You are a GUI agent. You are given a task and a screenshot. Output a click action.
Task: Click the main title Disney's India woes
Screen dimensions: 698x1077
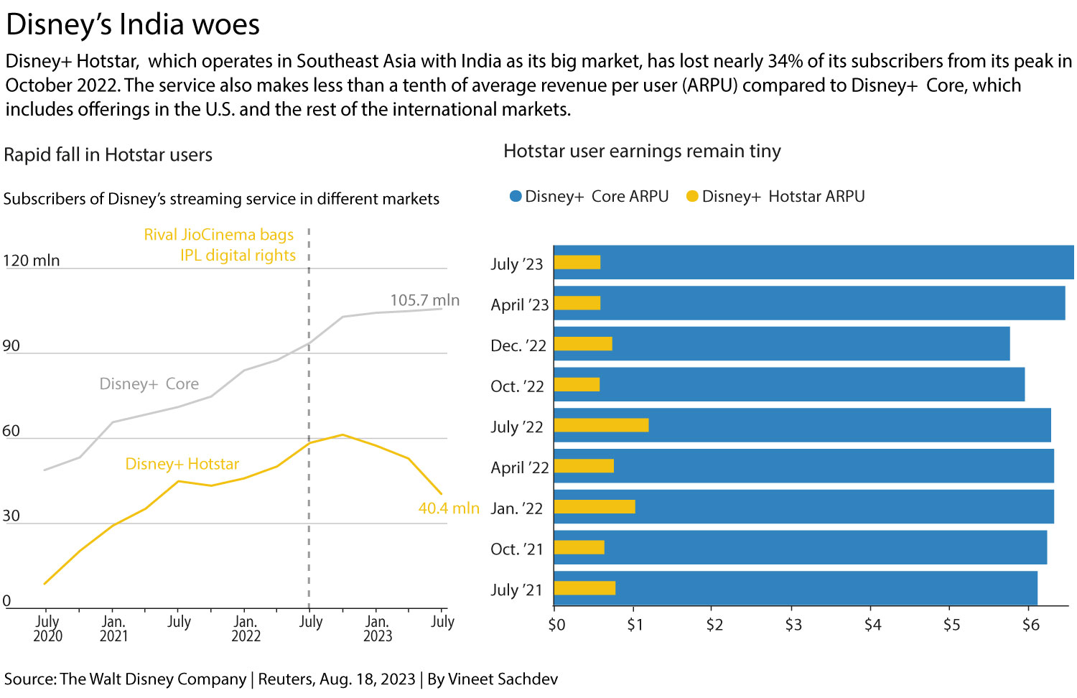pyautogui.click(x=133, y=24)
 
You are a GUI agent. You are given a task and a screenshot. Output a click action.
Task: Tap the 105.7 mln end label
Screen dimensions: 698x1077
pyautogui.click(x=424, y=300)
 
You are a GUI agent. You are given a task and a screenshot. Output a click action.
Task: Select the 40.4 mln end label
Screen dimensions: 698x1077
pyautogui.click(x=448, y=508)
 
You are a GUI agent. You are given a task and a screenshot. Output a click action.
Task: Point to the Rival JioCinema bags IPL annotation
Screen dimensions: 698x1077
pyautogui.click(x=220, y=245)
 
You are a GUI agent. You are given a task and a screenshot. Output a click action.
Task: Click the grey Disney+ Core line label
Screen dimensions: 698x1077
pyautogui.click(x=149, y=384)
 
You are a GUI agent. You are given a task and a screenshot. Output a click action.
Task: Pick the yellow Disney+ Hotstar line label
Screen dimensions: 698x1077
pyautogui.click(x=182, y=464)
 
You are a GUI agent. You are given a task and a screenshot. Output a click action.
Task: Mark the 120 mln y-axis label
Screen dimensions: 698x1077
pyautogui.click(x=32, y=261)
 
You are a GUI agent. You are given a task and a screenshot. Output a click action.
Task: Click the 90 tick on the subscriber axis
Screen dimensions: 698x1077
pyautogui.click(x=11, y=345)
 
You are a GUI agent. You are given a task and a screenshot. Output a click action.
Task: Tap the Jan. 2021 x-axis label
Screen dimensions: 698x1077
pyautogui.click(x=113, y=628)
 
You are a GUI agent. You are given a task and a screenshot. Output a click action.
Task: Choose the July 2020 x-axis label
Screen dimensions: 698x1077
pyautogui.click(x=47, y=628)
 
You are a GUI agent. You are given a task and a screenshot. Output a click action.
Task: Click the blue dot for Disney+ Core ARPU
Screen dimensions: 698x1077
pyautogui.click(x=515, y=197)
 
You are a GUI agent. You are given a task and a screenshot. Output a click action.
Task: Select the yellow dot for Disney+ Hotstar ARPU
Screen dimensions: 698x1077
pyautogui.click(x=692, y=197)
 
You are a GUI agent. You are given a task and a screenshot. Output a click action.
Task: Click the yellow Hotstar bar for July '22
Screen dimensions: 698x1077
pyautogui.click(x=601, y=425)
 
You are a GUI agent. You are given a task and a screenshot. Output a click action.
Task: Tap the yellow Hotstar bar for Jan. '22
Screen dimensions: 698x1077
pyautogui.click(x=595, y=507)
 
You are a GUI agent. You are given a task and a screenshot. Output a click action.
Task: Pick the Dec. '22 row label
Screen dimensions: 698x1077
pyautogui.click(x=518, y=345)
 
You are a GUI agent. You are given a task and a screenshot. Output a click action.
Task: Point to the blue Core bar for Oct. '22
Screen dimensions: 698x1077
pyautogui.click(x=811, y=384)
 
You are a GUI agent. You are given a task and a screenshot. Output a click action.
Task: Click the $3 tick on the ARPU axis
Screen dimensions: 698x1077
pyautogui.click(x=793, y=625)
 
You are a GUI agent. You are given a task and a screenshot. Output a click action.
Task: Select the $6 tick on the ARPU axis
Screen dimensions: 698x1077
pyautogui.click(x=1030, y=625)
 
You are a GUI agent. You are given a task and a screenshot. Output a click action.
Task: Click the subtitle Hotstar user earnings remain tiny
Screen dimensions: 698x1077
pyautogui.click(x=642, y=152)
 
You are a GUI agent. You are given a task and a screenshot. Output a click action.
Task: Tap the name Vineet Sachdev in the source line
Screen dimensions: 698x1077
pyautogui.click(x=503, y=679)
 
